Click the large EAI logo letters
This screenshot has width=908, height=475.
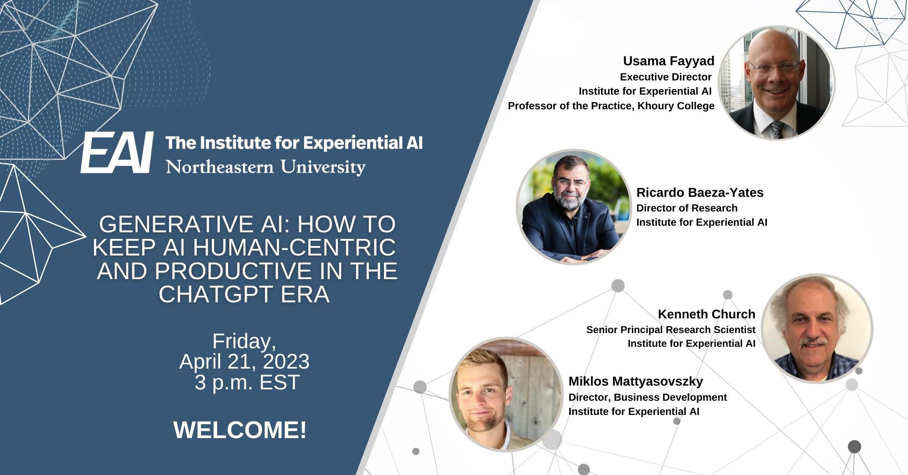[117, 152]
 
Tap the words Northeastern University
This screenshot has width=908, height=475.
[266, 167]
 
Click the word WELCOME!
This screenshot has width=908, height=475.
[240, 430]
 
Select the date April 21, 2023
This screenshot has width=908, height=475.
[244, 362]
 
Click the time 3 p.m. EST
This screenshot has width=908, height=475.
[247, 382]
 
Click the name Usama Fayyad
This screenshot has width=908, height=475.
[669, 61]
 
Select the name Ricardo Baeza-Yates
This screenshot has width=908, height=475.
[700, 193]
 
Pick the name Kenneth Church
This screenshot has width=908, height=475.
[707, 314]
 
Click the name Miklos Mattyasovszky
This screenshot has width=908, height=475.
[636, 381]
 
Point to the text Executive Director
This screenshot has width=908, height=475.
[666, 77]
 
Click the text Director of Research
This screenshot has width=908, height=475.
[687, 208]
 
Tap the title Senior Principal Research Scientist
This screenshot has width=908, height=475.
[671, 330]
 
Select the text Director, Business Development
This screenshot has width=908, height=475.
[647, 397]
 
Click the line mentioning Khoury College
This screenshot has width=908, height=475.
[611, 106]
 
